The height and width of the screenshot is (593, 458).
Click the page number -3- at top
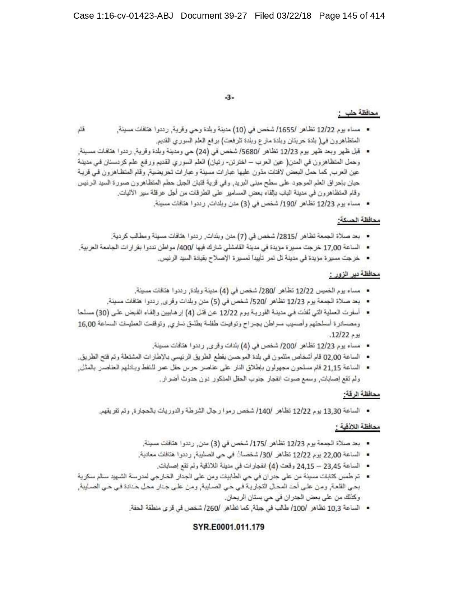229,97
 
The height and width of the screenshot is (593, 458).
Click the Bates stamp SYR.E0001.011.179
229,527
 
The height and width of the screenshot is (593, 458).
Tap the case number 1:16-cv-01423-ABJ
123,16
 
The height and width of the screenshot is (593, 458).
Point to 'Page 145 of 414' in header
352,16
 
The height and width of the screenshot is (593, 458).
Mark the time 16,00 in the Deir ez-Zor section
86,324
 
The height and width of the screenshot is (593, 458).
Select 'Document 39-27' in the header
214,16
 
